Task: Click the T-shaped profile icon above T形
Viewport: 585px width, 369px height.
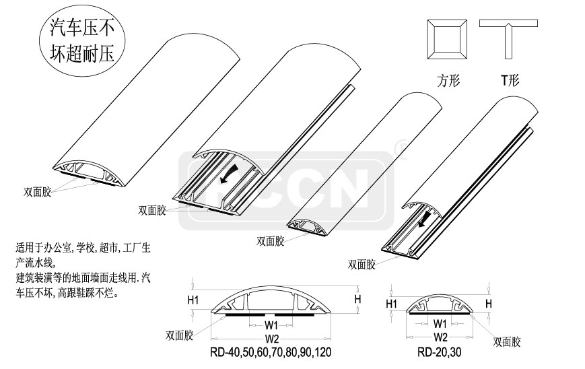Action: pyautogui.click(x=508, y=40)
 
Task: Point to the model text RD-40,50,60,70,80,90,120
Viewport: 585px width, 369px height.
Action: pyautogui.click(x=271, y=352)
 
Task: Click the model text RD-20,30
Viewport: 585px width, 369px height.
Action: pyautogui.click(x=440, y=352)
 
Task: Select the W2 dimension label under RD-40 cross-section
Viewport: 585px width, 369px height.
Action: pyautogui.click(x=272, y=337)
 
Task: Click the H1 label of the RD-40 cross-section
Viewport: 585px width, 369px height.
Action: pyautogui.click(x=193, y=300)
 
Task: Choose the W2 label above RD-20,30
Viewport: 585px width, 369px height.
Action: pyautogui.click(x=441, y=337)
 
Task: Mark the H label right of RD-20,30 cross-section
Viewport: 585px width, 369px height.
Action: pyautogui.click(x=489, y=304)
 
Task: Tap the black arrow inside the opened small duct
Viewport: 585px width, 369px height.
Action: pyautogui.click(x=424, y=218)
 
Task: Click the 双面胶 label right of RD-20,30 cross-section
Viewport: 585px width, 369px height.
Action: pyautogui.click(x=507, y=341)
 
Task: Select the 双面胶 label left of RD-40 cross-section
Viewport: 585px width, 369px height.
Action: pyautogui.click(x=180, y=334)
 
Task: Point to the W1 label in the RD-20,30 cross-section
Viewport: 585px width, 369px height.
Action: pyautogui.click(x=441, y=323)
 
